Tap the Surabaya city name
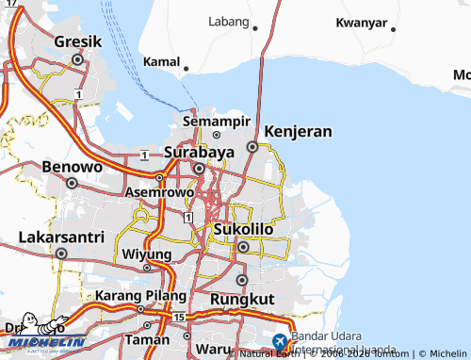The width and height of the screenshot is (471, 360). point(199,152)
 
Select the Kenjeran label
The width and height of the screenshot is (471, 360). point(298,131)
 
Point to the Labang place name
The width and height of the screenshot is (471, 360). point(229,21)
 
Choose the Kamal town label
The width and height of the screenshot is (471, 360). point(160,61)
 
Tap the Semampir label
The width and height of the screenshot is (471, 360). point(217,123)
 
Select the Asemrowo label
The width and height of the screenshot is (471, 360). point(156,191)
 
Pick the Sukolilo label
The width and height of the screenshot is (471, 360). point(243,229)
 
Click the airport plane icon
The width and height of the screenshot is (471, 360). point(280,343)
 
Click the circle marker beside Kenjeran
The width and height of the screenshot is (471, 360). point(252,147)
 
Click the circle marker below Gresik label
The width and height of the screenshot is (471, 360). point(78,58)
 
